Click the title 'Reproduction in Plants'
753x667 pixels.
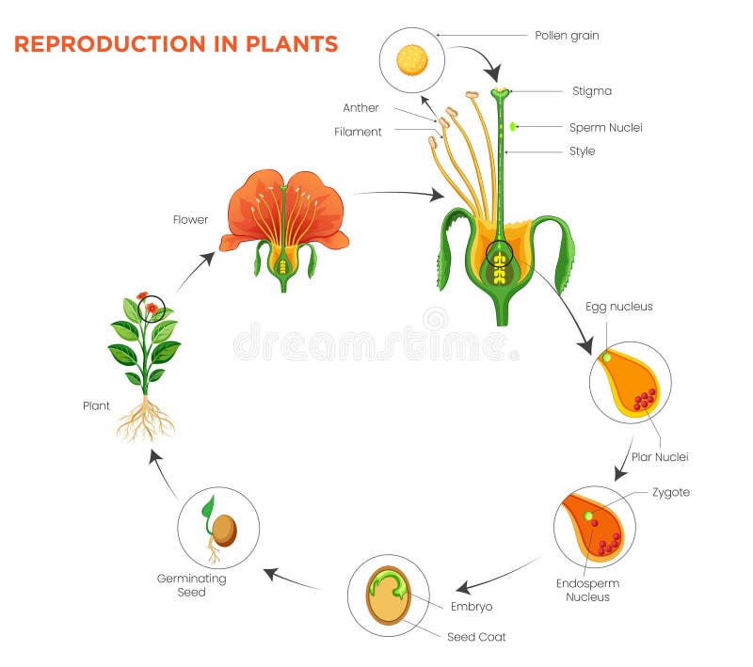[176, 43]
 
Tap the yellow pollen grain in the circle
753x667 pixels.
[411, 60]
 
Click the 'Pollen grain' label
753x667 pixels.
[567, 36]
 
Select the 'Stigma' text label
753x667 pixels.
[592, 91]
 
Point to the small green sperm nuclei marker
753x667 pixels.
[513, 126]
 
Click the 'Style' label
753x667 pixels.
[582, 151]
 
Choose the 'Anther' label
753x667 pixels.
[360, 108]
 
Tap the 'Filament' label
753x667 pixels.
[358, 132]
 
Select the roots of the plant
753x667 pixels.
[146, 418]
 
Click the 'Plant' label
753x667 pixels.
[95, 405]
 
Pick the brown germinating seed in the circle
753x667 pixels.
[224, 531]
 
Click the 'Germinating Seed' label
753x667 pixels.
[191, 585]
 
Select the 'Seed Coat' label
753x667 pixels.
[475, 637]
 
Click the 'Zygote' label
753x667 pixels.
[670, 492]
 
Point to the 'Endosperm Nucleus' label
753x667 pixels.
[587, 590]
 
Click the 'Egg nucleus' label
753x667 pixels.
[618, 307]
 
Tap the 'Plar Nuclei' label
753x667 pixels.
[660, 457]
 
